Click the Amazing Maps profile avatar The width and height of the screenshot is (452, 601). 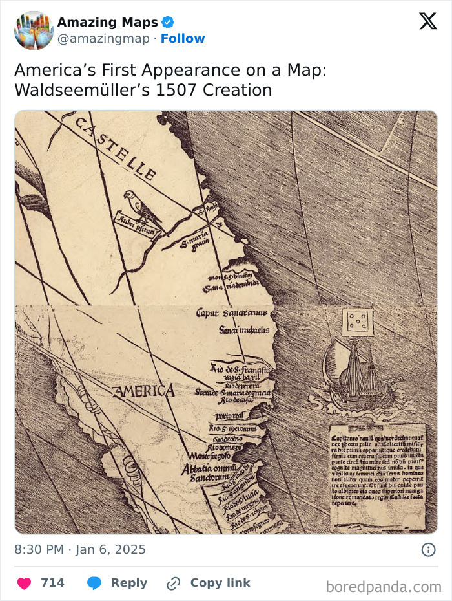point(34,30)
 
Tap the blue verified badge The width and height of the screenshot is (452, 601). point(167,23)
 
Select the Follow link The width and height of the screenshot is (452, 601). point(183,39)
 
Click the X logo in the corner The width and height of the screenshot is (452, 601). point(427,21)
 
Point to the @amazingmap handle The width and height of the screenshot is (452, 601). point(104,39)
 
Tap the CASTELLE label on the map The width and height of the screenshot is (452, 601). point(116,148)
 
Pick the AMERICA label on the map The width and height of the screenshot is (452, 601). point(143,391)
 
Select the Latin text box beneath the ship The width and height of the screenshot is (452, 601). point(378,477)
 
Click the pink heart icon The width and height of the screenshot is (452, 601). point(24,583)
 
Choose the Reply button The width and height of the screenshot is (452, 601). point(117,583)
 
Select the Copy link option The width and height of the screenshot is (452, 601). point(208,583)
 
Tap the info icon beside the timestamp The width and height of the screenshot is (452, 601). point(427,550)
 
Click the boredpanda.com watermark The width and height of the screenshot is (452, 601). point(384,587)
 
